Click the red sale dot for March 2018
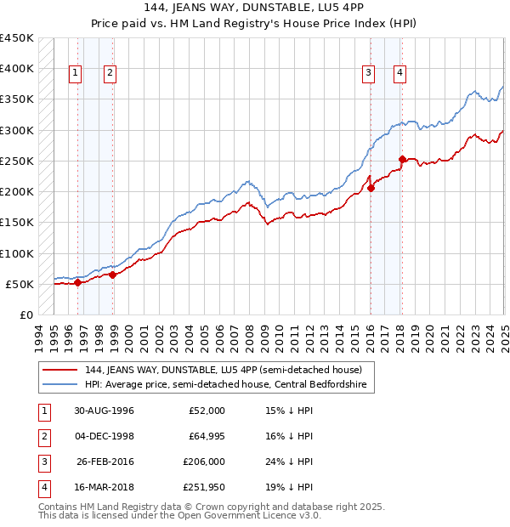[x=402, y=159]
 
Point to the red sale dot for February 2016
[x=371, y=188]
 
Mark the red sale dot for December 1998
[x=112, y=275]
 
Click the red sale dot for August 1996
[x=77, y=282]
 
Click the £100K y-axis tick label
[x=17, y=253]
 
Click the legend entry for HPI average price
[x=227, y=385]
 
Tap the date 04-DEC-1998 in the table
[x=104, y=437]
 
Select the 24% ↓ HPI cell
[x=290, y=462]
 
